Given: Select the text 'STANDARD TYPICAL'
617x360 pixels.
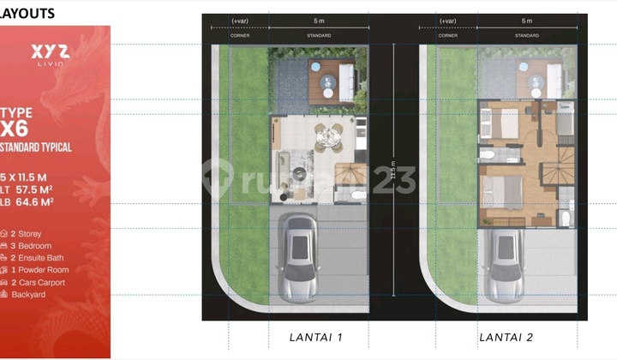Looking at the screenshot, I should tap(36, 147).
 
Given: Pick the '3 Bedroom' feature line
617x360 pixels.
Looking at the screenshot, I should tap(32, 244).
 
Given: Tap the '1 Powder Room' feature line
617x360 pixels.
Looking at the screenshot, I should tap(39, 269).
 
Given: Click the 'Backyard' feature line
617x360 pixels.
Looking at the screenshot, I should tap(30, 294).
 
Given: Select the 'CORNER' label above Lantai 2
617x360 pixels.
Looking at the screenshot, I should tap(446, 36).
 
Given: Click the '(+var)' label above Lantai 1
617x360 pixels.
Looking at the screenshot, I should tap(238, 21).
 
